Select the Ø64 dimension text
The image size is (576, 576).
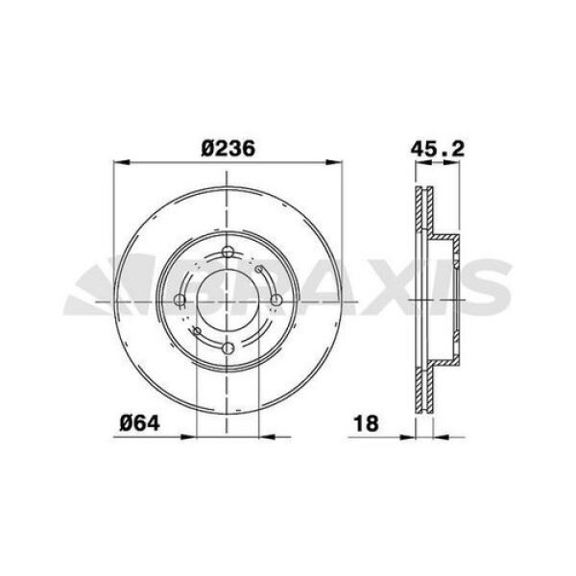pyautogui.click(x=138, y=422)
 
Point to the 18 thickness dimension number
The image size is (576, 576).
pyautogui.click(x=366, y=422)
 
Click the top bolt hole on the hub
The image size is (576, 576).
pyautogui.click(x=228, y=253)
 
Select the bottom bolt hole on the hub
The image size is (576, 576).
pyautogui.click(x=228, y=348)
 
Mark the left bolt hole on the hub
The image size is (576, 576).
pyautogui.click(x=180, y=300)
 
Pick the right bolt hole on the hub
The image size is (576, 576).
pyautogui.click(x=276, y=300)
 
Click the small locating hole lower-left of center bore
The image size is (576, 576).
pyautogui.click(x=196, y=332)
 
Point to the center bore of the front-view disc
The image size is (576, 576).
pyautogui.click(x=228, y=300)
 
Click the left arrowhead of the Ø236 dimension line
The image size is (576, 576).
pyautogui.click(x=120, y=161)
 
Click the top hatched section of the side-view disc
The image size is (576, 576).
pyautogui.click(x=423, y=211)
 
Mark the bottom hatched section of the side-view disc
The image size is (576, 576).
pyautogui.click(x=423, y=389)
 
